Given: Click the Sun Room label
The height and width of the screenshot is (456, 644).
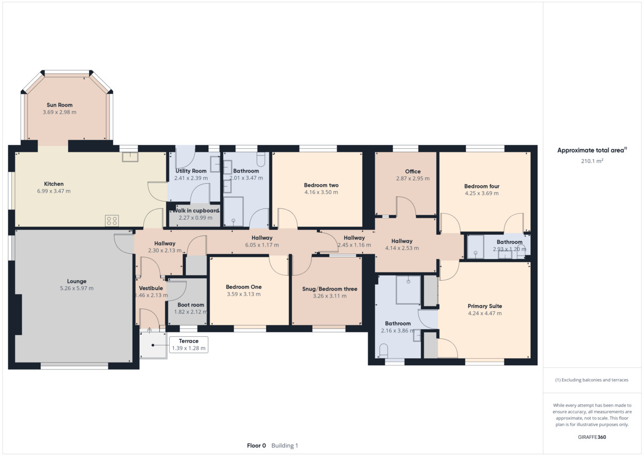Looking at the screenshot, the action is click(60, 105).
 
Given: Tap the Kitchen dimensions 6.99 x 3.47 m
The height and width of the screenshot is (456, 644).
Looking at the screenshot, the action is click(54, 191).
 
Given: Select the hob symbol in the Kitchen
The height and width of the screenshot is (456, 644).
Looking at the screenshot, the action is click(112, 221).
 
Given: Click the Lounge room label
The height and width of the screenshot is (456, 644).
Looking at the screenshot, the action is click(77, 281).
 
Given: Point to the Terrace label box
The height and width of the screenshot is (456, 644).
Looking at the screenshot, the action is click(188, 344).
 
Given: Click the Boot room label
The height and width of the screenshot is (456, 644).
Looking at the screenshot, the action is click(191, 305).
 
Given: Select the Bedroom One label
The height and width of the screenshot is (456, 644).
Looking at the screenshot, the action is click(244, 287).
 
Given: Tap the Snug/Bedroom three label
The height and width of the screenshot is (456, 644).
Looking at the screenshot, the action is click(330, 289).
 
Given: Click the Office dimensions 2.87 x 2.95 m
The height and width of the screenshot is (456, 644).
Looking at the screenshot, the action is click(413, 178).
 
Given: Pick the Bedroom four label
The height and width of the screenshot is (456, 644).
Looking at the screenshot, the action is click(482, 186).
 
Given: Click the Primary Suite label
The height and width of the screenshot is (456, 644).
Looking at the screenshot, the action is click(485, 306).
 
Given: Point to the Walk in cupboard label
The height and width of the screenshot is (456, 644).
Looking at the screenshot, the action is click(196, 211).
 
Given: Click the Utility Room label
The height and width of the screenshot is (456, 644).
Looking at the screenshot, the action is click(191, 171).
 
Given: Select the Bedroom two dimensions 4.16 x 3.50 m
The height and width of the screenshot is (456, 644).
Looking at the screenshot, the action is click(321, 192).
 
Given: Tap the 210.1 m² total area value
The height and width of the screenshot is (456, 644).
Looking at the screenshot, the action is click(592, 161).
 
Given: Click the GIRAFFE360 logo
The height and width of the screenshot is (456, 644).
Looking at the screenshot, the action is click(592, 437).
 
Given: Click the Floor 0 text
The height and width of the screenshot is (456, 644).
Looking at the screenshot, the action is click(257, 446).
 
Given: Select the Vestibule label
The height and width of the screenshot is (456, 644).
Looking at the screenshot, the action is click(151, 288).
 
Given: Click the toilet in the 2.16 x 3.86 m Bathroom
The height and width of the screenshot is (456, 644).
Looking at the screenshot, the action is click(384, 351).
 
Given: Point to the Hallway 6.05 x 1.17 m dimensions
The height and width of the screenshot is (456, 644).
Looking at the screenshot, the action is click(262, 245).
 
